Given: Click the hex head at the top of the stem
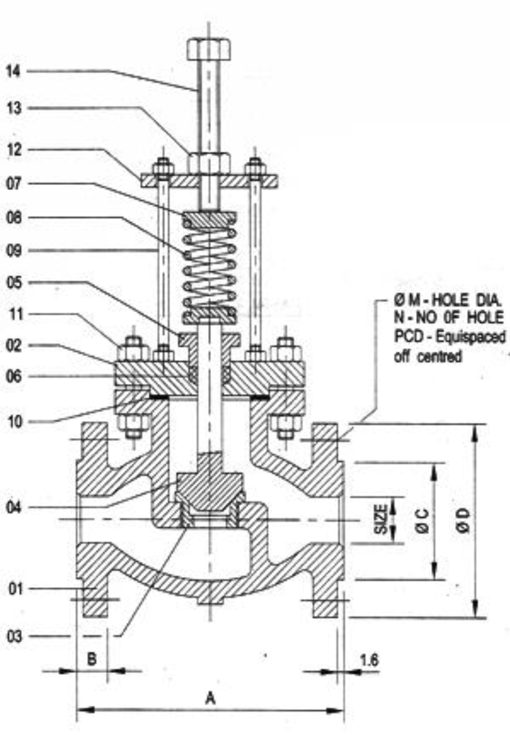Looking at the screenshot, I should [x=208, y=49].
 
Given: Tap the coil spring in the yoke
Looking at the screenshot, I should [x=209, y=265].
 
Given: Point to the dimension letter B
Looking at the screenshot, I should [x=92, y=659].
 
